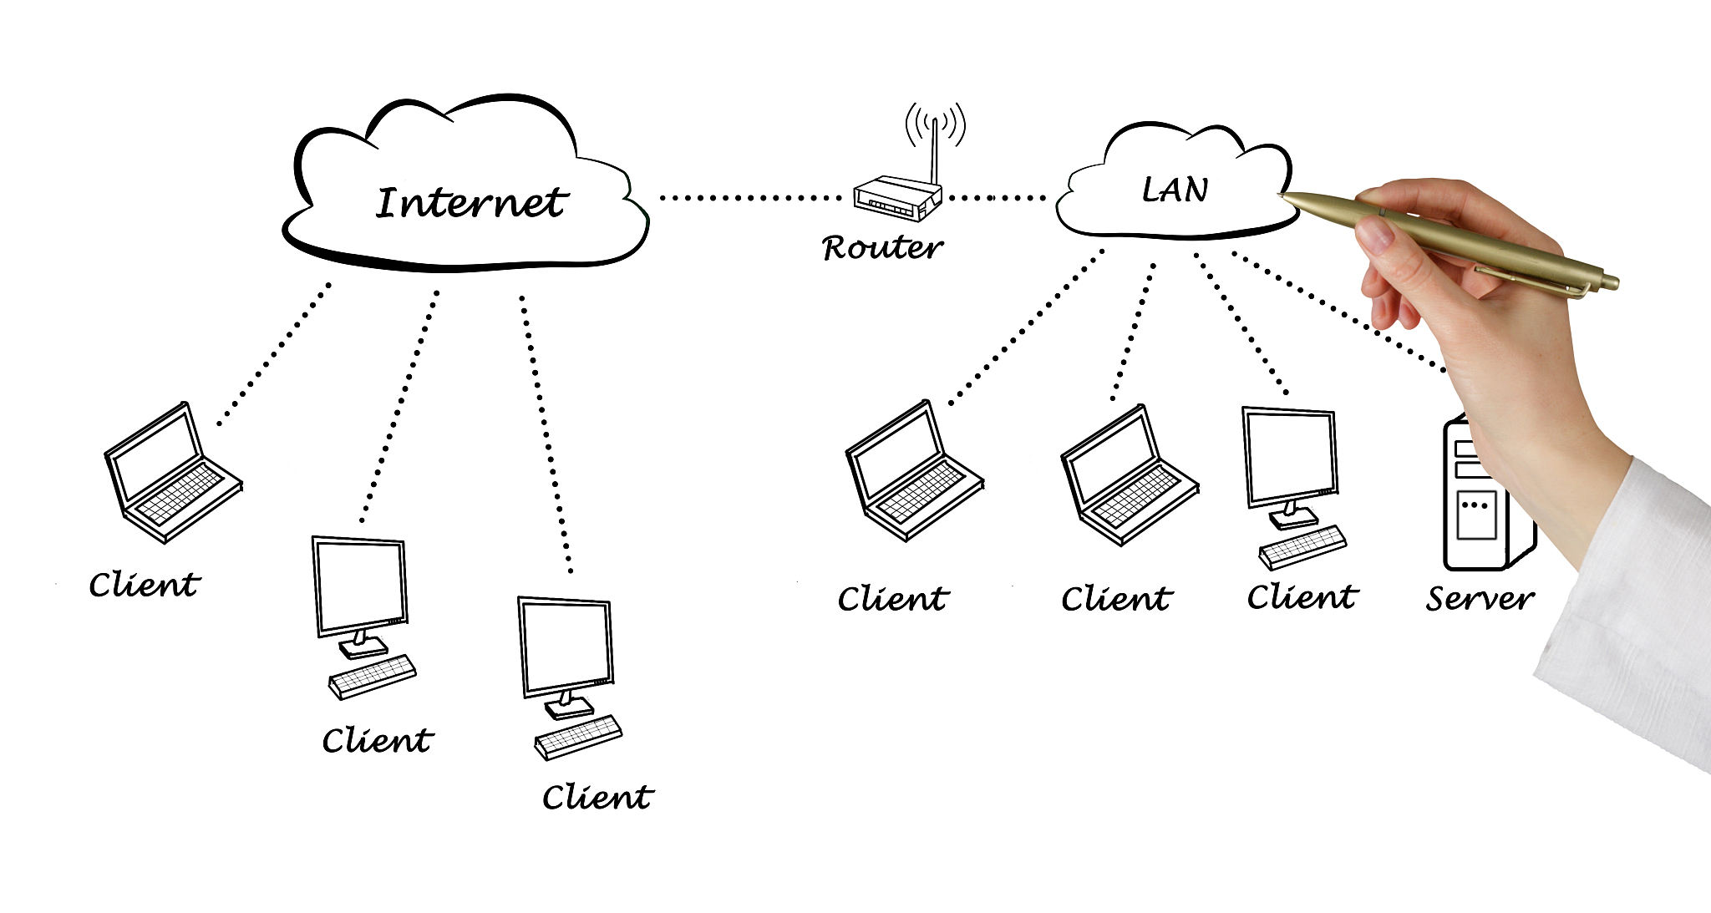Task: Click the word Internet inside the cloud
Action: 471,203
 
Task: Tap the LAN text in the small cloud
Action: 1175,190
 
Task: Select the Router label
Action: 882,247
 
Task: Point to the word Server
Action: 1480,598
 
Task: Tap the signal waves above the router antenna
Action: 936,124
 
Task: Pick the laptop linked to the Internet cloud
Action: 172,472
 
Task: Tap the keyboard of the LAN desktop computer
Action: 1302,546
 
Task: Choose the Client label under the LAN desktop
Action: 1302,597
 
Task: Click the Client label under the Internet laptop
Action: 145,585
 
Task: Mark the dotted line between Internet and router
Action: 749,198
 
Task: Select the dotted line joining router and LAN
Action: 997,198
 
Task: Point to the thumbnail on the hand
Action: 1377,236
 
